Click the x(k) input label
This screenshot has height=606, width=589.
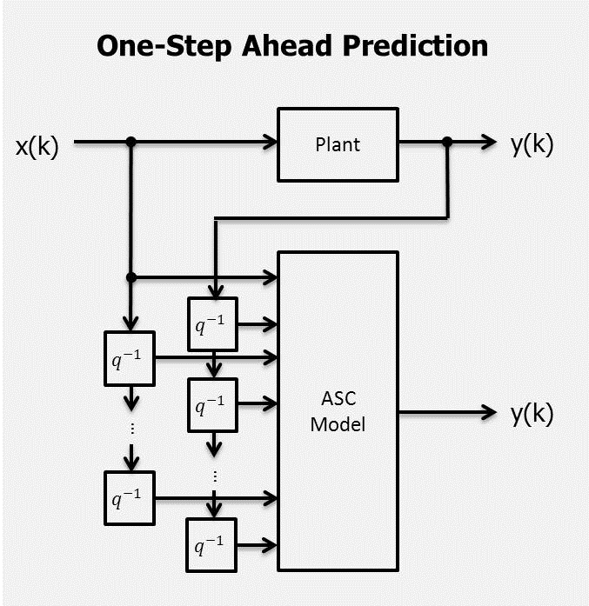click(37, 146)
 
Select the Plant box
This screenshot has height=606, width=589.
click(338, 144)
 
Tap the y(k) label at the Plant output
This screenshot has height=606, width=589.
click(532, 144)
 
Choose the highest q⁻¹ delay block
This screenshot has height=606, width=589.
click(212, 323)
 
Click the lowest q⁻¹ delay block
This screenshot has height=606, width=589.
click(212, 545)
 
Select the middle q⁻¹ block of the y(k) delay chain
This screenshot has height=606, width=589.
click(212, 404)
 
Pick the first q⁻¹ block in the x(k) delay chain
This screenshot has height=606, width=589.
click(129, 357)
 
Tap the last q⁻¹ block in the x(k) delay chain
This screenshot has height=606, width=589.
click(129, 498)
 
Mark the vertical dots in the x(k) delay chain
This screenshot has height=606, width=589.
click(131, 428)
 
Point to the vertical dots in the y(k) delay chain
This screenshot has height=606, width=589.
click(214, 476)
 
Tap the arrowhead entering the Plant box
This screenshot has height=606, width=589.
click(269, 142)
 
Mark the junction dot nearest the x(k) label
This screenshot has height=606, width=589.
click(131, 142)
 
